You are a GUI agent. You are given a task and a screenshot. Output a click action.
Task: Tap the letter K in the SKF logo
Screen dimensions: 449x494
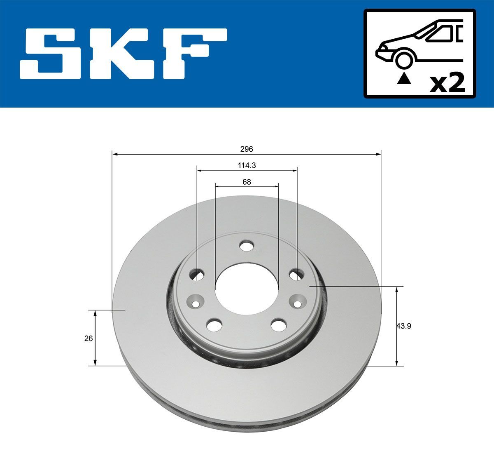pyautogui.click(x=124, y=54)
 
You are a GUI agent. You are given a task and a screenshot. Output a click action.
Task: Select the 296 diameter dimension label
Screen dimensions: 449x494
pyautogui.click(x=247, y=148)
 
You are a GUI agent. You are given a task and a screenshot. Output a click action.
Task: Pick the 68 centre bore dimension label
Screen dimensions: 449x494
pyautogui.click(x=247, y=181)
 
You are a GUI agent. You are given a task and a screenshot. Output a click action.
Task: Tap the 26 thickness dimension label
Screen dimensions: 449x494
pyautogui.click(x=88, y=339)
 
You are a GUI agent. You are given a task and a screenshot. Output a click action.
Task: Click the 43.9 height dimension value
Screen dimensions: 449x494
pyautogui.click(x=404, y=326)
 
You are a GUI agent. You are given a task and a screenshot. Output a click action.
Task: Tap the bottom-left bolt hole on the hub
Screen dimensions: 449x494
pyautogui.click(x=214, y=325)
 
